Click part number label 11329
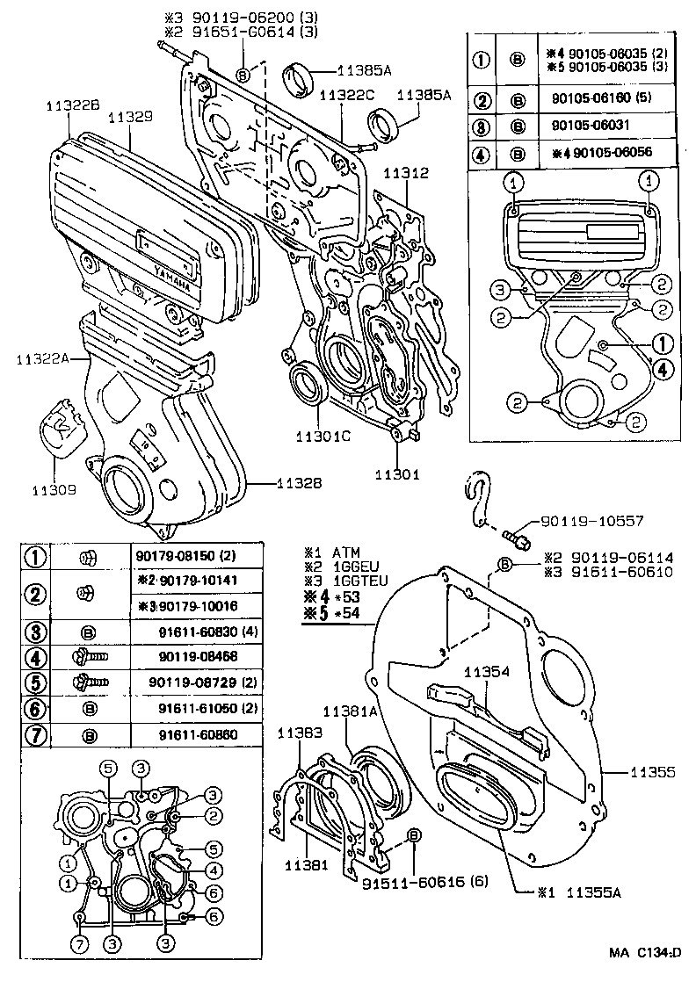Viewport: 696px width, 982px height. [x=130, y=116]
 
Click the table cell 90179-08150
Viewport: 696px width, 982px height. [x=186, y=555]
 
